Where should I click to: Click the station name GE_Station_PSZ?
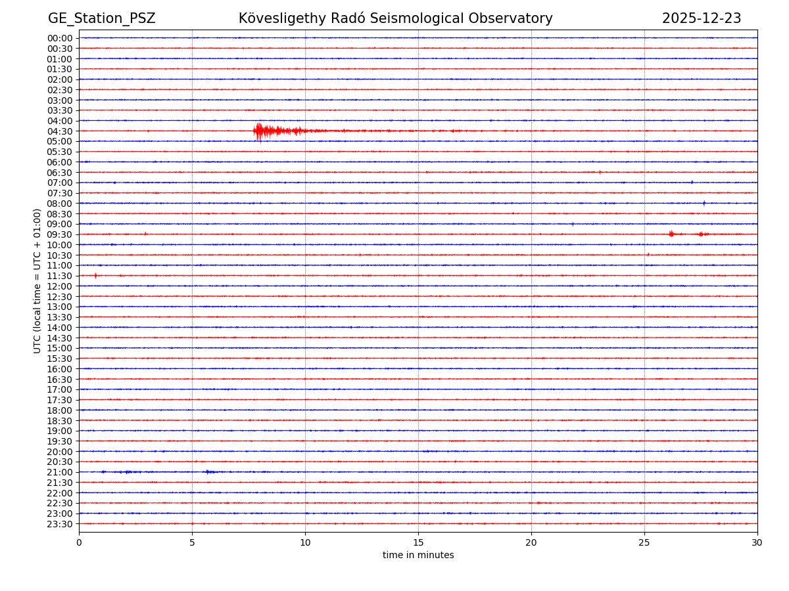(x=101, y=18)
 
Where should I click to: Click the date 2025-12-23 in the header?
(x=701, y=18)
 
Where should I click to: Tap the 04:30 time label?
(x=60, y=131)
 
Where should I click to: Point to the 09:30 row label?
(x=60, y=234)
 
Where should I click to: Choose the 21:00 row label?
(x=60, y=472)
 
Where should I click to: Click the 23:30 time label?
(x=60, y=524)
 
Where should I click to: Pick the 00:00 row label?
(x=60, y=38)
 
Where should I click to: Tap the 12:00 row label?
(x=60, y=286)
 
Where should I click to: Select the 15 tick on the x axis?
(x=418, y=542)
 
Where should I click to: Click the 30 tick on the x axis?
(x=757, y=542)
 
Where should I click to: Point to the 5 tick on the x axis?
(x=192, y=542)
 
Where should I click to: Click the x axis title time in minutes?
(x=418, y=555)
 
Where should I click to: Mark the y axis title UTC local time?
(x=37, y=280)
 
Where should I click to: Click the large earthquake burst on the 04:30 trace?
(x=260, y=131)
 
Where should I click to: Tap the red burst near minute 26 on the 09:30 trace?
(x=671, y=234)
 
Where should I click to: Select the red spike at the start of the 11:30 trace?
(x=95, y=275)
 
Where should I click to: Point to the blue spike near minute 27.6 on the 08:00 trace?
(x=704, y=203)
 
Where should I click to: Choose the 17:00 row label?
(x=60, y=389)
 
